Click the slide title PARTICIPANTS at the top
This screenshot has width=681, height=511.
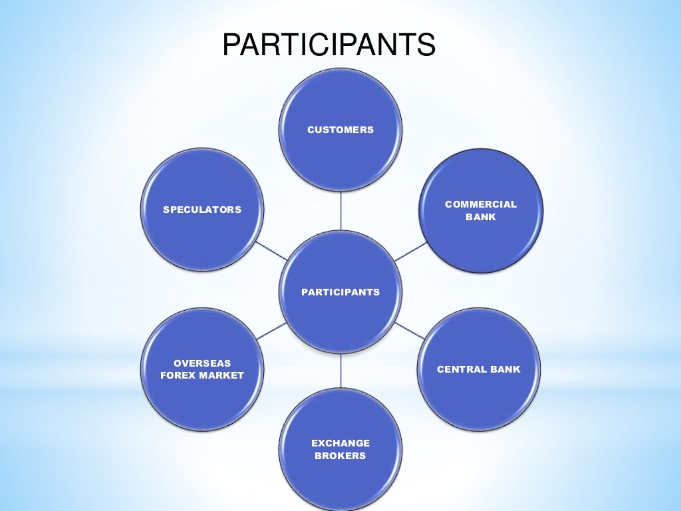click(329, 45)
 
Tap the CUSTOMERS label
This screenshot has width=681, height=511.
click(340, 130)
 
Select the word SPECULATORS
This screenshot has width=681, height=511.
click(202, 210)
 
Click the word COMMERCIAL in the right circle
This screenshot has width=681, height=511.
click(481, 204)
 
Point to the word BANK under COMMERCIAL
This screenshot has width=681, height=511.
click(481, 217)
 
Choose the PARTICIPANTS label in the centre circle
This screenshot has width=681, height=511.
click(340, 291)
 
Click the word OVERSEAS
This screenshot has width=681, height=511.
click(202, 363)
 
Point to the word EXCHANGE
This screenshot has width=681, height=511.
click(340, 442)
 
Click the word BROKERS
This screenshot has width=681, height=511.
click(340, 456)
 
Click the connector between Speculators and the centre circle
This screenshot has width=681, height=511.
click(272, 251)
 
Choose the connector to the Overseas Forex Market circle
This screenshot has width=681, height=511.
click(271, 331)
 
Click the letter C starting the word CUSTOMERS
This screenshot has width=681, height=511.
click(311, 130)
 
